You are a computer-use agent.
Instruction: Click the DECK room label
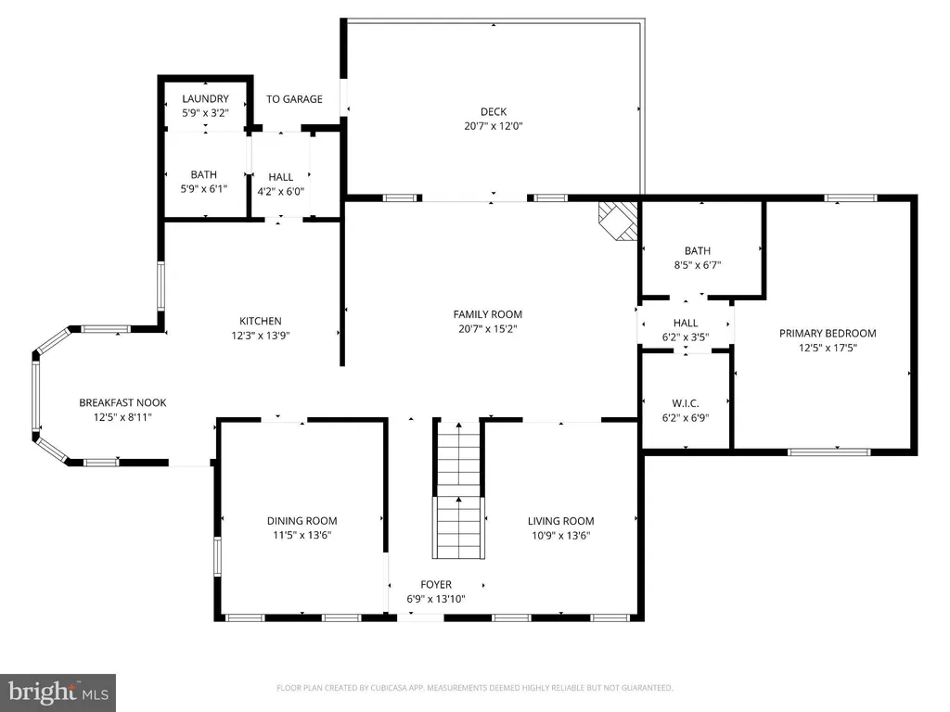[494, 111]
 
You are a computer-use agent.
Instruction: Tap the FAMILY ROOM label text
[488, 314]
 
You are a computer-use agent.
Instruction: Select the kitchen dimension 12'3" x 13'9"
[261, 336]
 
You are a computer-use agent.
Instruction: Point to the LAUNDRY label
[205, 98]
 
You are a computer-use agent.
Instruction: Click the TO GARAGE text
[294, 98]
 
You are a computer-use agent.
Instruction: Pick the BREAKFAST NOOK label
[122, 402]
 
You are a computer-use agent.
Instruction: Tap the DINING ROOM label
[302, 521]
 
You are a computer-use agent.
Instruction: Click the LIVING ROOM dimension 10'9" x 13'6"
[560, 535]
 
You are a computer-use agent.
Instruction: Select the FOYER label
[436, 584]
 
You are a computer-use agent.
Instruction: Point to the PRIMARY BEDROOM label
[828, 333]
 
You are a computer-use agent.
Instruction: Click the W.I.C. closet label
[686, 402]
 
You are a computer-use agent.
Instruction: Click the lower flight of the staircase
[458, 528]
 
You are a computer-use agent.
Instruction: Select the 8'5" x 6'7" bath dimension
[698, 264]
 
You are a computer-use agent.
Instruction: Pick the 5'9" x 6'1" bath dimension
[203, 189]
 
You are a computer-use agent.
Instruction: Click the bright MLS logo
[58, 693]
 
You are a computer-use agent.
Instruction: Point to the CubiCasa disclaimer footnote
[474, 688]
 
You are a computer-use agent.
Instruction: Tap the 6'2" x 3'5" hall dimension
[686, 337]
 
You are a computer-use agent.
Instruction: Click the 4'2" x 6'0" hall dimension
[280, 191]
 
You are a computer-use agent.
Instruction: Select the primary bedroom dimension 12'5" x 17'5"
[828, 348]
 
